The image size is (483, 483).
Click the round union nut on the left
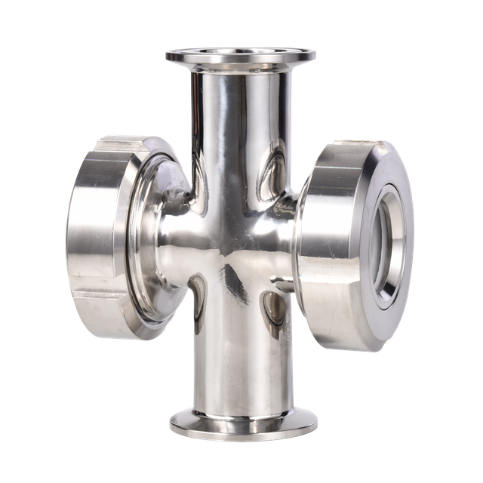[98, 234]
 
